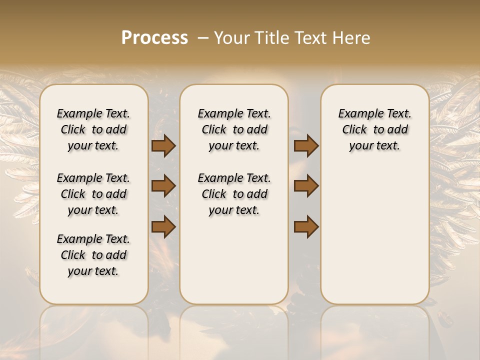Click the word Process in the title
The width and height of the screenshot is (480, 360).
click(154, 38)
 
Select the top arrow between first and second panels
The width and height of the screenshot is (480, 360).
click(163, 146)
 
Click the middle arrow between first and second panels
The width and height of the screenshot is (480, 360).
click(163, 186)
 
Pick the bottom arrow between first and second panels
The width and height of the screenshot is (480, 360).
click(163, 226)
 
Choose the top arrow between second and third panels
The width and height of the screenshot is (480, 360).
click(306, 146)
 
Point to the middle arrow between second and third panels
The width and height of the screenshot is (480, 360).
click(306, 186)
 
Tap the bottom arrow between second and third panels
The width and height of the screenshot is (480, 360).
click(306, 226)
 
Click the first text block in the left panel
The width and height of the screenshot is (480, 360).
click(93, 129)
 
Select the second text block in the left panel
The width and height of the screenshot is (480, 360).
click(93, 194)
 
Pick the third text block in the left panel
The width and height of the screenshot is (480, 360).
click(93, 255)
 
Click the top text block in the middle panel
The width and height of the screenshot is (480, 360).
click(234, 129)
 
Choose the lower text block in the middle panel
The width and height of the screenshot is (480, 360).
click(234, 194)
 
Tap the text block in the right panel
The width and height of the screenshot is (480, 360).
click(374, 129)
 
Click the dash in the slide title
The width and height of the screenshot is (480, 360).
click(203, 38)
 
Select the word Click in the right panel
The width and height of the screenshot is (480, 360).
click(354, 130)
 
